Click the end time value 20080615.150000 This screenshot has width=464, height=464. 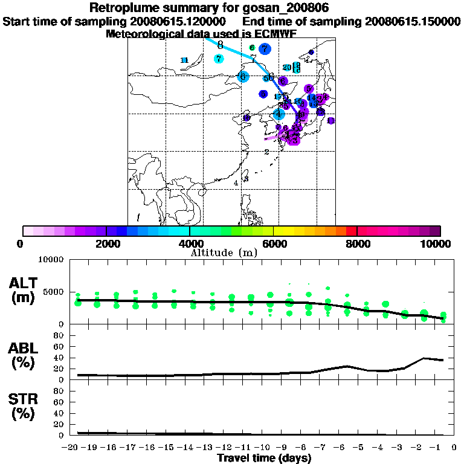411,21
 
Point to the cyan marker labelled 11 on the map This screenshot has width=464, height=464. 184,60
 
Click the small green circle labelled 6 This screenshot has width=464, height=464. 251,48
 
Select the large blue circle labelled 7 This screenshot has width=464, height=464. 264,49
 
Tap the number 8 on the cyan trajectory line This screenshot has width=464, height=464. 220,45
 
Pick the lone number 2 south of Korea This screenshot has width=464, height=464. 266,152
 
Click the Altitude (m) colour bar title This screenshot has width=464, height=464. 224,252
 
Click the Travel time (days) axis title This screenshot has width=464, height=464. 264,459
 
